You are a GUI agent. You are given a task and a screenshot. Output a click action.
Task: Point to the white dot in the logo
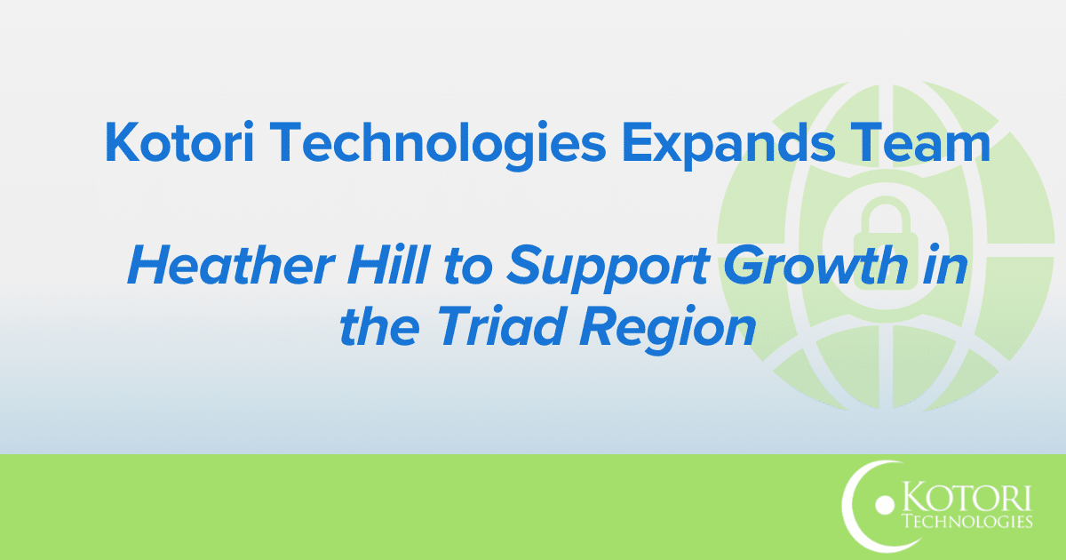882,506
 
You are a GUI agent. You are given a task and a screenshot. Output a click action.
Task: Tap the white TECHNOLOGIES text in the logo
966,522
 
